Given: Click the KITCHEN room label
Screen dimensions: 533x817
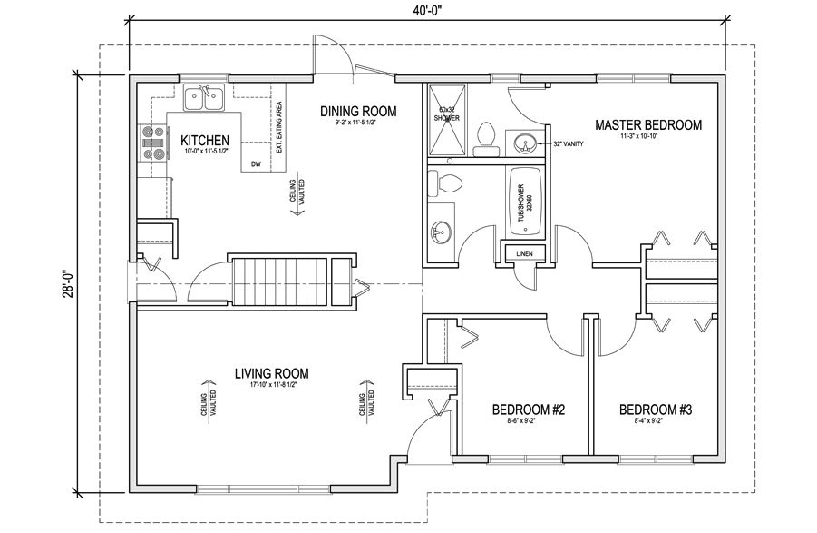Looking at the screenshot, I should point(204,140).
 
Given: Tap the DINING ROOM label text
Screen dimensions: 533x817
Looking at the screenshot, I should point(359,111).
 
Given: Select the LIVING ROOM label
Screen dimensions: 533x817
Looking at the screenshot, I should point(272,372).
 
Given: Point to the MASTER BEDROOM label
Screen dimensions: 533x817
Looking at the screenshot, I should point(648,124).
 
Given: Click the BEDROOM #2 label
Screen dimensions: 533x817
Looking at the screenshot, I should point(528,410).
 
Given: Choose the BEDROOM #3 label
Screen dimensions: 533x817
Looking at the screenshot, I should point(656,410).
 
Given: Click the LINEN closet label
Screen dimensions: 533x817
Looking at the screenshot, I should point(523,252).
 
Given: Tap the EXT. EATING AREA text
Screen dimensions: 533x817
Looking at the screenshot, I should point(279,127).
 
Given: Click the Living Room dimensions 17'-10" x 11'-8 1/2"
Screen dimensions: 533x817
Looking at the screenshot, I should point(272,385).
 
